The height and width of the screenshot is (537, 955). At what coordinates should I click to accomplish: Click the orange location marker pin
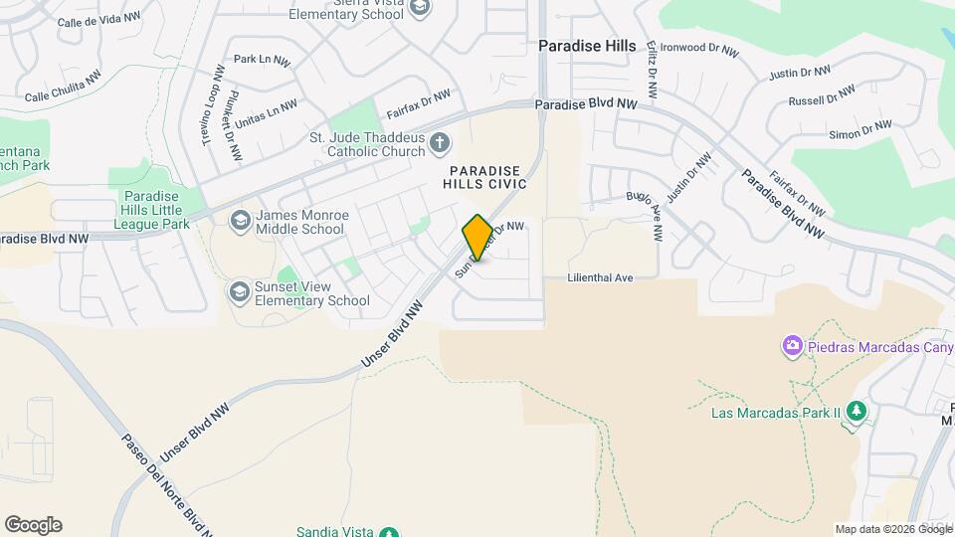click(x=477, y=238)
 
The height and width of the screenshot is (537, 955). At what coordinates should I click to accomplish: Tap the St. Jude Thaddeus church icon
click(x=440, y=145)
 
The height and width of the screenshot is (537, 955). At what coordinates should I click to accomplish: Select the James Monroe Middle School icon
click(x=239, y=221)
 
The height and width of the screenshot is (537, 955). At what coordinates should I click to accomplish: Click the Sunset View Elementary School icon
click(x=239, y=292)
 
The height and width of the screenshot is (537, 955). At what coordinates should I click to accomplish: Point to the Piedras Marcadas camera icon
click(x=793, y=347)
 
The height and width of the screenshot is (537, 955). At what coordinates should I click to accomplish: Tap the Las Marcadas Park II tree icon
click(x=857, y=412)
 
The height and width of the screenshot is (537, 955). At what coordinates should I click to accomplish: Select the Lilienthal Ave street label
click(x=601, y=278)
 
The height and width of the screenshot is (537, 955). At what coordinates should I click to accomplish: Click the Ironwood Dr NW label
click(x=699, y=48)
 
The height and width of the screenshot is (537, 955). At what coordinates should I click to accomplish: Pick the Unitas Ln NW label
click(x=266, y=112)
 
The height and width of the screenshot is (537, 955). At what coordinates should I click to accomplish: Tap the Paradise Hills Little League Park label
click(x=155, y=211)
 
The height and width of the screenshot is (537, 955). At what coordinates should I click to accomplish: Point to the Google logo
click(x=33, y=525)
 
